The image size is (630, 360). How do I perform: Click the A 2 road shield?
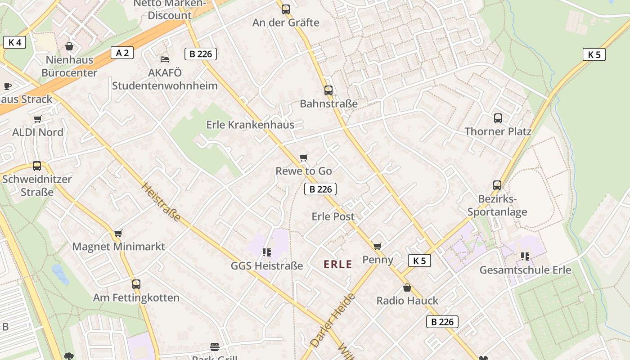122,53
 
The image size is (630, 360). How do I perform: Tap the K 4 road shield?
14,42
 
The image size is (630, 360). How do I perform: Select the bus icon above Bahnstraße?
328,90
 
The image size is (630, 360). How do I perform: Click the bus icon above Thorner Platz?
498,118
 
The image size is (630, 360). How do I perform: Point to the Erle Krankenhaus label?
250,125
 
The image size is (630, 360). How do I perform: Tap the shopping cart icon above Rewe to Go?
304,157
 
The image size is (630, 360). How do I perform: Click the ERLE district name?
338,265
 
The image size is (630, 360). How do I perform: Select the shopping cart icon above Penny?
377,246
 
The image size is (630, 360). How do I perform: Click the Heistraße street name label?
161,202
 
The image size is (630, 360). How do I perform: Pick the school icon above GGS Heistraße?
267,252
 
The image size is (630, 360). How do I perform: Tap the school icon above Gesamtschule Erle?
525,256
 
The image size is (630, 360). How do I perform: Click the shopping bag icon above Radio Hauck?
407,288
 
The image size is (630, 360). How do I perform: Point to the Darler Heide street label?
333,320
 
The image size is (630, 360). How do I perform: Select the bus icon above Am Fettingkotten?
136,284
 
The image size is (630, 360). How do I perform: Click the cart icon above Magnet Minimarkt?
118,233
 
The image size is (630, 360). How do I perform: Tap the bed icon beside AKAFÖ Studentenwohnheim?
165,59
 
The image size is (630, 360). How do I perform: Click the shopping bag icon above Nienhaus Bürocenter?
69,46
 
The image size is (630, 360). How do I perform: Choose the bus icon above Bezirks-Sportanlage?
497,185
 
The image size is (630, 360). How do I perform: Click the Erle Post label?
333,216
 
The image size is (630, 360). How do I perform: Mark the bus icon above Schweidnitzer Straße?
37,166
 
